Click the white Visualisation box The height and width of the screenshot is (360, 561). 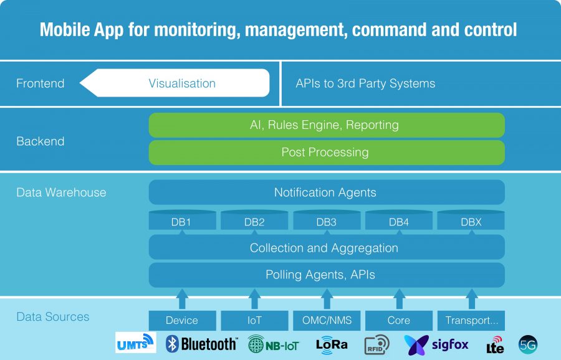tap(175, 83)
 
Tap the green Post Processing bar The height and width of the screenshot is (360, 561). tap(327, 153)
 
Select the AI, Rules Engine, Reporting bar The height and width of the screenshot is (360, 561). tap(327, 125)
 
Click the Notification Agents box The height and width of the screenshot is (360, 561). tap(327, 192)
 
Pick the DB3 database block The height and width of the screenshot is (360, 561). tap(327, 220)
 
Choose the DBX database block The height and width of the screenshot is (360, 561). tap(471, 220)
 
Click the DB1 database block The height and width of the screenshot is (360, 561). tap(183, 220)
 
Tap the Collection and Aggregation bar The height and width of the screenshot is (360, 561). tap(327, 247)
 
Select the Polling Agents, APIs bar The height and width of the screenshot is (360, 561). tap(327, 275)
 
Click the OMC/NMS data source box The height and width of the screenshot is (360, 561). tap(327, 320)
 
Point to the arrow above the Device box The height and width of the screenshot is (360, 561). tap(182, 299)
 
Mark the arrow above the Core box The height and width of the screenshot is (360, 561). tap(399, 299)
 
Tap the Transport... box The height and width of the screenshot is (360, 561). tap(471, 320)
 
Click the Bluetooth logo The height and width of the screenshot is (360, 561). tap(201, 344)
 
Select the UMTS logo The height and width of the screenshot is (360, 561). tap(136, 343)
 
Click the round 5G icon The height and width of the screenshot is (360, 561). tap(528, 344)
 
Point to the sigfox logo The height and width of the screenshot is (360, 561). tap(436, 345)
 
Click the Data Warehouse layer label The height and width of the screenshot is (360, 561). tap(61, 192)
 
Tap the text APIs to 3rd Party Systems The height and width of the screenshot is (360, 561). tap(365, 83)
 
